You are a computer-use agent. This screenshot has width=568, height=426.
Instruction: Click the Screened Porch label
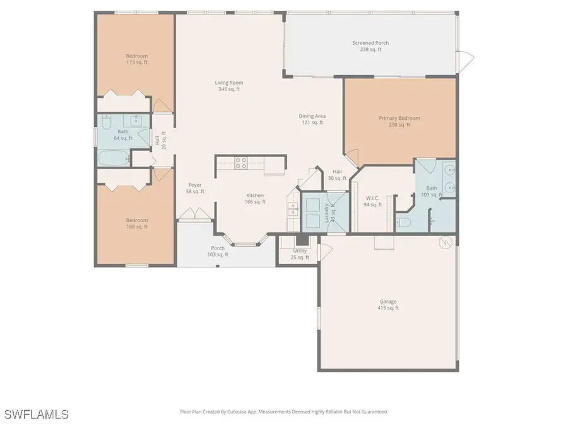pos(370,46)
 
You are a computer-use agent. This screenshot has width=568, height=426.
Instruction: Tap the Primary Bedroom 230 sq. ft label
pos(399,121)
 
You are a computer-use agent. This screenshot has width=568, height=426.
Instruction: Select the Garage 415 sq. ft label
pos(388,305)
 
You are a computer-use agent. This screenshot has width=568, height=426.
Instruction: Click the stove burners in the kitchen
pos(241,163)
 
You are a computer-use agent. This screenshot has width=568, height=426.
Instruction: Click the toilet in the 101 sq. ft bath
pos(403,222)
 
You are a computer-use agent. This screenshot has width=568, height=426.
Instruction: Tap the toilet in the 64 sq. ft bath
pos(142,140)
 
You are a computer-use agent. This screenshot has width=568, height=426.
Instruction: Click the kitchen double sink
pos(292,209)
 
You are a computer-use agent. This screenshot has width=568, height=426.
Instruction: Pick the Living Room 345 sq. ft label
pos(228,86)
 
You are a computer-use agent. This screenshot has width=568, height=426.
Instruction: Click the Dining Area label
pos(312,119)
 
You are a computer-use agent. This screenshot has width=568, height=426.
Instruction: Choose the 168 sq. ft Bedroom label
pos(136,223)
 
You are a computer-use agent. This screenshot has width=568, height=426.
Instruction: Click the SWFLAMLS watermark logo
pos(36,414)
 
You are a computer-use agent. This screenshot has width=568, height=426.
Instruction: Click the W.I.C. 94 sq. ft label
pos(374,201)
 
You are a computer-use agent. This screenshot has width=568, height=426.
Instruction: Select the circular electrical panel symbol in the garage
pos(446,242)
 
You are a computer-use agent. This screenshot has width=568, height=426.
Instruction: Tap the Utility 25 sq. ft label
pos(299,254)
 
